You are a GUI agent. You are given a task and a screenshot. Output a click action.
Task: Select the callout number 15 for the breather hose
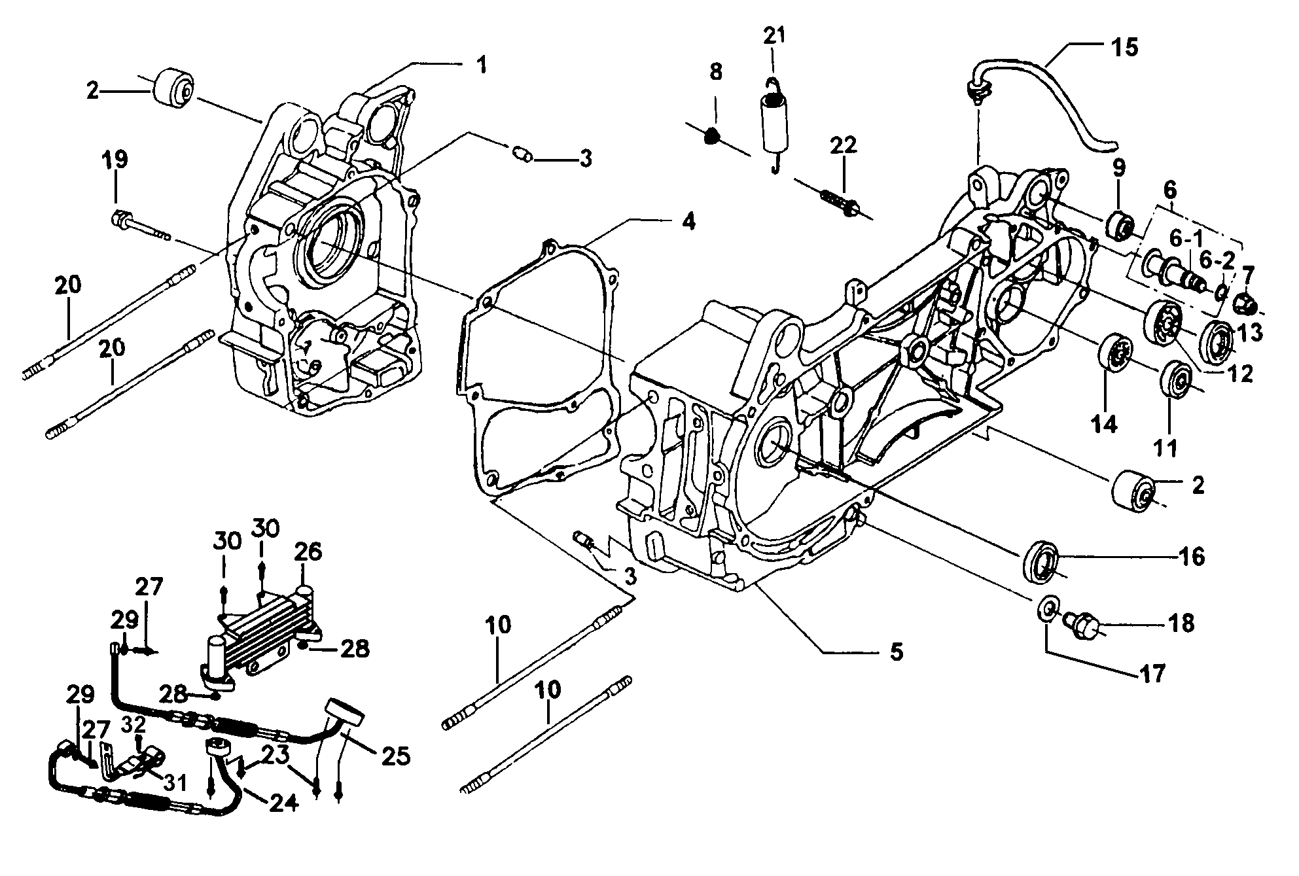coord(1123,47)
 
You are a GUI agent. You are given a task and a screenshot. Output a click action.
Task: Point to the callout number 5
coord(896,651)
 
